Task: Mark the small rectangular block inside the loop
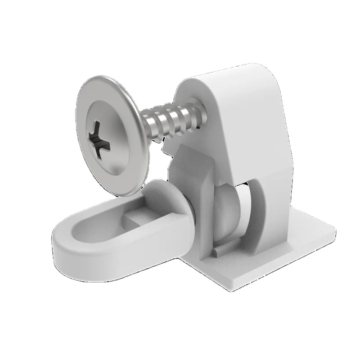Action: pos(135,218)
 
